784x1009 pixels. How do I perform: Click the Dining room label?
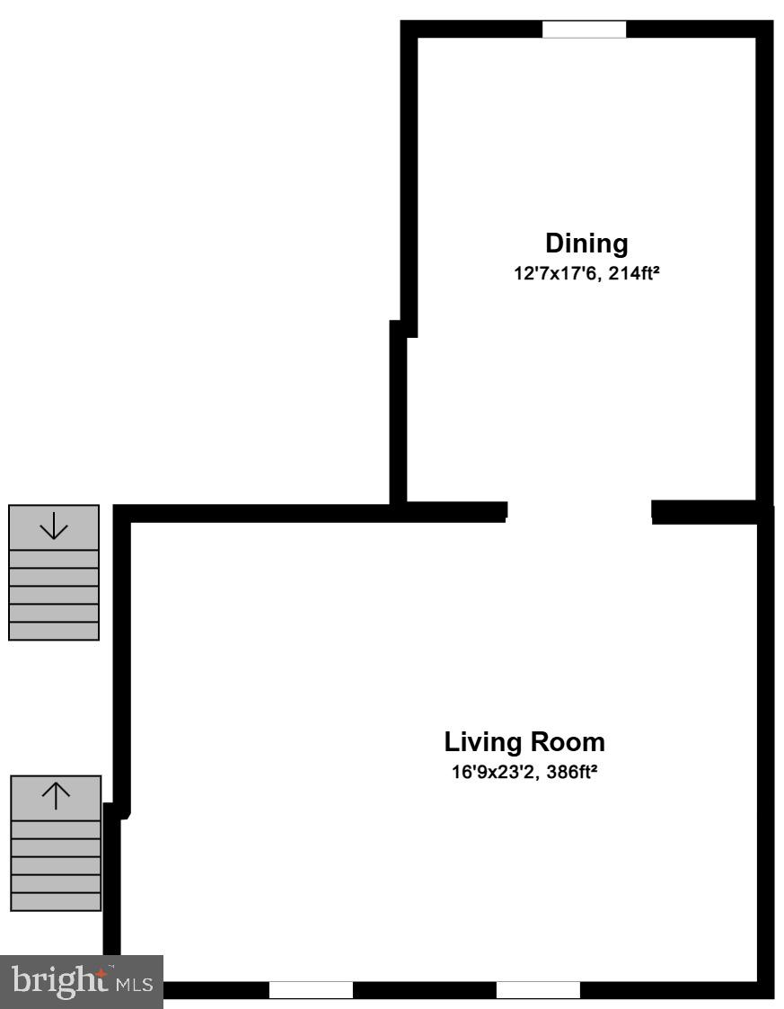click(x=586, y=243)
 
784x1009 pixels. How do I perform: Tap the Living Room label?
click(x=524, y=743)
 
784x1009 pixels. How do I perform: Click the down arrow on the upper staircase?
click(x=54, y=526)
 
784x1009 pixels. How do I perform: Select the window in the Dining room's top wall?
click(x=584, y=30)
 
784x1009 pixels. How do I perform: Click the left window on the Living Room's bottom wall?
click(x=311, y=989)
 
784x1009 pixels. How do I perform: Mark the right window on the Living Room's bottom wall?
click(x=538, y=989)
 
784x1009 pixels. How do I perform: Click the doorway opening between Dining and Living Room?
click(x=579, y=511)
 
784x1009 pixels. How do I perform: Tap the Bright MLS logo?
click(x=81, y=978)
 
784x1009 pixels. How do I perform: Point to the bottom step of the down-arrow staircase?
click(x=54, y=631)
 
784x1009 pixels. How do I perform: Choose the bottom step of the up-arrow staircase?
click(x=56, y=901)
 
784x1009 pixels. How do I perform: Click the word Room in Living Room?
click(x=567, y=743)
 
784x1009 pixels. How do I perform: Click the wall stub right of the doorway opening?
click(x=709, y=512)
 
